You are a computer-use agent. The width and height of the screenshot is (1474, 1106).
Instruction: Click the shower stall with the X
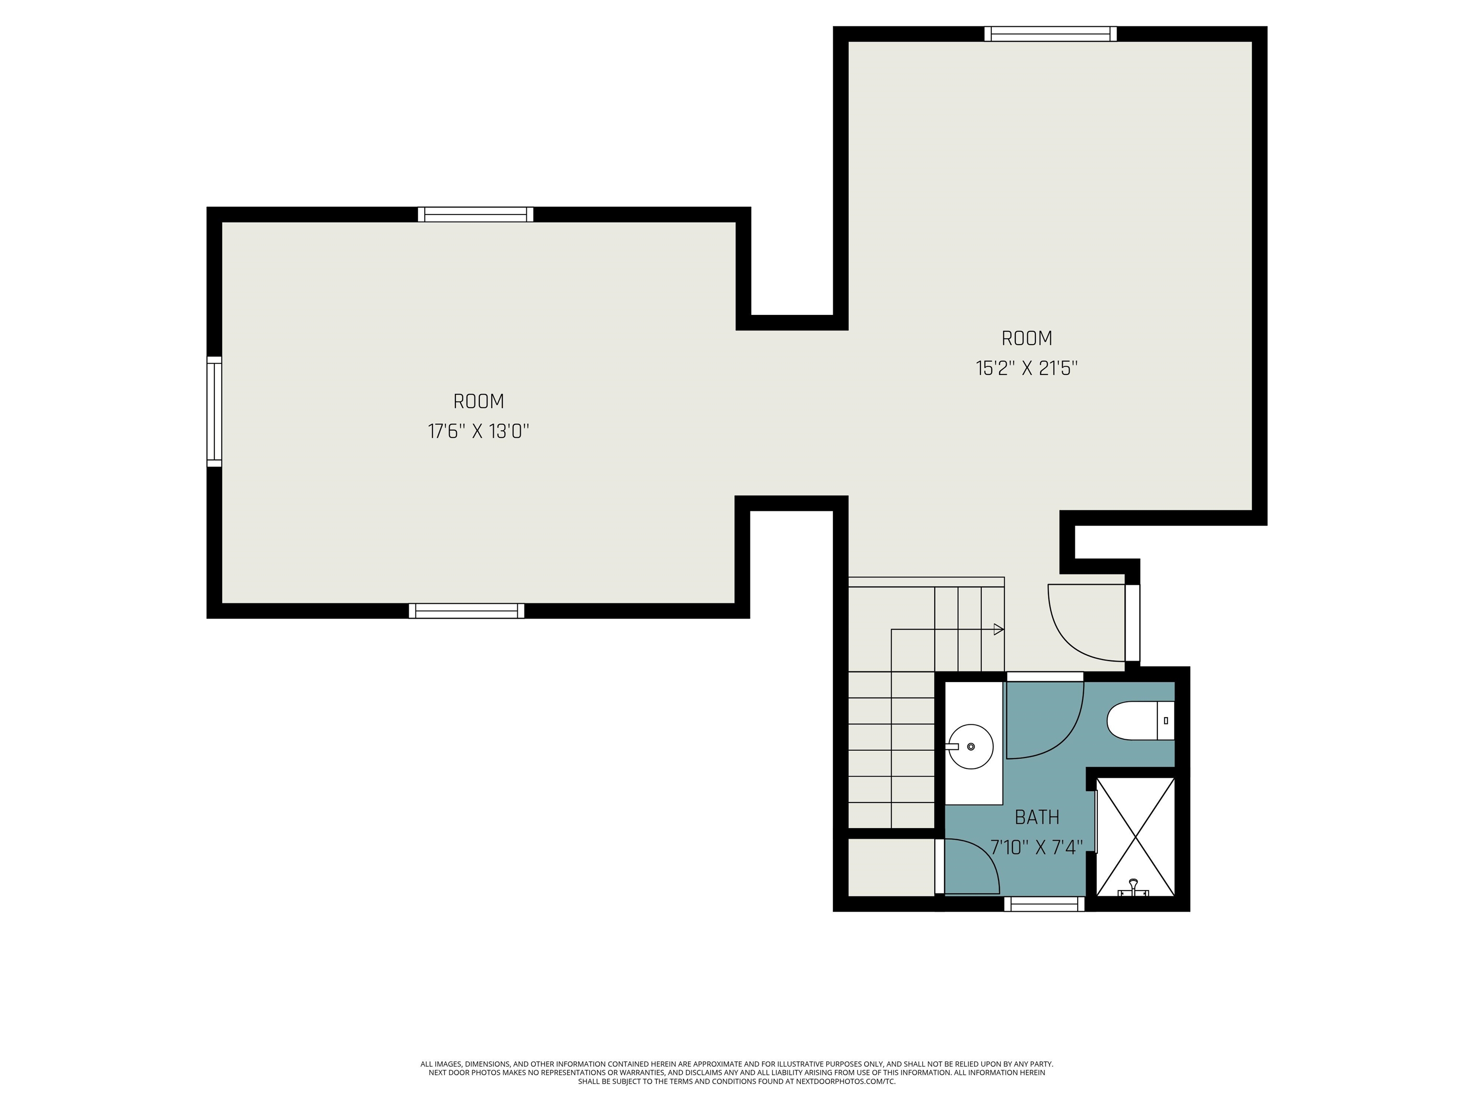point(1135,836)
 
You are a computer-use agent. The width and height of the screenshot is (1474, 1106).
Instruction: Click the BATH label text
point(1037,817)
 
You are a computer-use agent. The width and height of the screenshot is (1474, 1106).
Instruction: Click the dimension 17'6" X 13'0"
point(478,432)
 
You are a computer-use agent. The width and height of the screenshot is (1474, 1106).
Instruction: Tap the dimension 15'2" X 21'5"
point(1027,369)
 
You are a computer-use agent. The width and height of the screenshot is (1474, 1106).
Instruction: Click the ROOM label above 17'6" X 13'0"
point(478,401)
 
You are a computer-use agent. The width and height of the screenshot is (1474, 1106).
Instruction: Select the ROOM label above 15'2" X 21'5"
point(1027,339)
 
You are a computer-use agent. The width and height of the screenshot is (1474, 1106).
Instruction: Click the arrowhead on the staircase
point(998,629)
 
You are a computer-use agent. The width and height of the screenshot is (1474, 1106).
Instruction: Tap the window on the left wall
point(214,411)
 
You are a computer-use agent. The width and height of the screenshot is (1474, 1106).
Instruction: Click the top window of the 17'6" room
point(476,215)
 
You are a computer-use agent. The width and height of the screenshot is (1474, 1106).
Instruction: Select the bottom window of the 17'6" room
point(466,611)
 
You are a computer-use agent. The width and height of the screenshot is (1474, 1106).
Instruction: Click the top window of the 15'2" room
point(1051,34)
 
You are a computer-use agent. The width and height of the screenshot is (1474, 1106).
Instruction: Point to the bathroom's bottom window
point(1044,903)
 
